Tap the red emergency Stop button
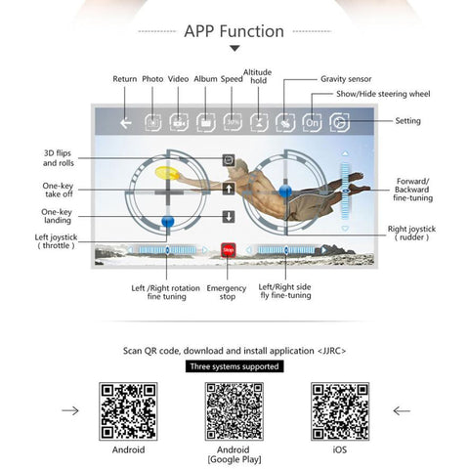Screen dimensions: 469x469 pyautogui.click(x=228, y=250)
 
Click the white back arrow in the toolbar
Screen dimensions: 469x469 pyautogui.click(x=126, y=123)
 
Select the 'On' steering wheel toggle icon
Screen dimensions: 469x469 pyautogui.click(x=312, y=123)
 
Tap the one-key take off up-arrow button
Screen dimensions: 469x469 pyautogui.click(x=229, y=189)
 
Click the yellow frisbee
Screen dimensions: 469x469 pyautogui.click(x=167, y=173)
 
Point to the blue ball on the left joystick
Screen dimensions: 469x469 pyautogui.click(x=168, y=222)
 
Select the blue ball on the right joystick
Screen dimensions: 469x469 pyautogui.click(x=285, y=191)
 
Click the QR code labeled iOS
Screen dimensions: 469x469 pyautogui.click(x=340, y=411)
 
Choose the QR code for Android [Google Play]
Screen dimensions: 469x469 pyautogui.click(x=234, y=411)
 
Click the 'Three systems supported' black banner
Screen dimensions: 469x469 pyautogui.click(x=234, y=366)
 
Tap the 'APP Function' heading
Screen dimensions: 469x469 pyautogui.click(x=234, y=31)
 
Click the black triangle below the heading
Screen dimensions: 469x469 pyautogui.click(x=234, y=49)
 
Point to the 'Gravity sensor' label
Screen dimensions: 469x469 pyautogui.click(x=346, y=79)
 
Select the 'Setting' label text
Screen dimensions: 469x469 pyautogui.click(x=407, y=121)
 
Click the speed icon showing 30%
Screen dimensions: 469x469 pyautogui.click(x=233, y=122)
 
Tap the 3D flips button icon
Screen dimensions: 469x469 pyautogui.click(x=229, y=160)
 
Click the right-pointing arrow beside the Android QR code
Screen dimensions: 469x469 pyautogui.click(x=70, y=410)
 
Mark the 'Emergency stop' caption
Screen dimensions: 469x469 pyautogui.click(x=227, y=292)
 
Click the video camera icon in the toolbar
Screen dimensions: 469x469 pyautogui.click(x=179, y=123)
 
